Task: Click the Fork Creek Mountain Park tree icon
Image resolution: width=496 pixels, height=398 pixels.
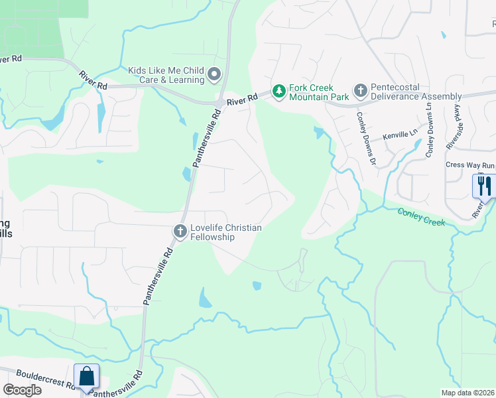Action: pyautogui.click(x=280, y=90)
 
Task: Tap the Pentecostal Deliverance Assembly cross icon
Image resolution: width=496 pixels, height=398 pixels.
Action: pyautogui.click(x=360, y=90)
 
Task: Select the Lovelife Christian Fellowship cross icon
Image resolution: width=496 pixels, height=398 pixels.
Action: pyautogui.click(x=179, y=232)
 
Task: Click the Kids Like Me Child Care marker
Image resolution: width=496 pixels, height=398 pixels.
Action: pyautogui.click(x=214, y=75)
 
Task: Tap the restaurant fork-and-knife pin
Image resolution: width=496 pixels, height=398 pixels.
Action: pyautogui.click(x=483, y=185)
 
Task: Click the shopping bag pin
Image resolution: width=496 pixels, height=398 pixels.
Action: pyautogui.click(x=87, y=376)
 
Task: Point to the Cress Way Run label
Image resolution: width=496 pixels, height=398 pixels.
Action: pyautogui.click(x=470, y=165)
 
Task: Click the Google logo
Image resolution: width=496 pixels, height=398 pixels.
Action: pyautogui.click(x=22, y=389)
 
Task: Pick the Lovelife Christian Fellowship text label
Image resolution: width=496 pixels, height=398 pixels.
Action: pyautogui.click(x=225, y=232)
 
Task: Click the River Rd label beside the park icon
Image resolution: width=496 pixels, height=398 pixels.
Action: pyautogui.click(x=242, y=101)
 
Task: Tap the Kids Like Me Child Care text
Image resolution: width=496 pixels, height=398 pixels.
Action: pyautogui.click(x=166, y=75)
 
